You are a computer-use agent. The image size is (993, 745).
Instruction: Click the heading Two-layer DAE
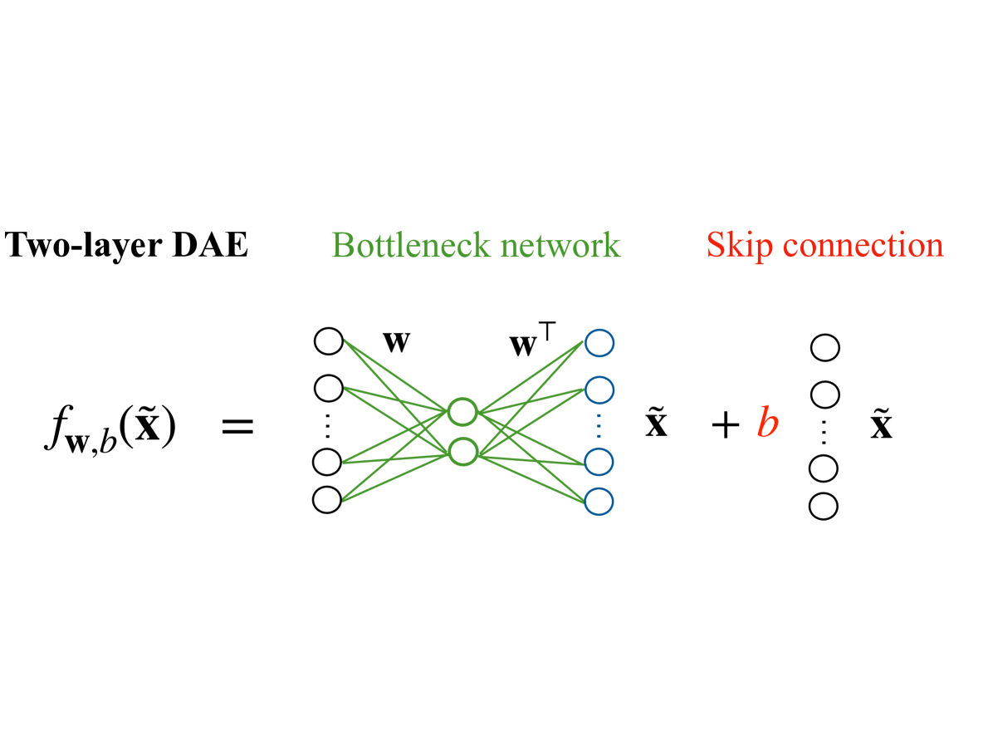pos(126,245)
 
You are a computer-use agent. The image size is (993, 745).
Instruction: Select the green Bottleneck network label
pos(476,245)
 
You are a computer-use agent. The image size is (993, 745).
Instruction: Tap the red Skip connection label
pos(824,245)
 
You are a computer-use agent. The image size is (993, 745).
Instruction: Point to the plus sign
pos(726,426)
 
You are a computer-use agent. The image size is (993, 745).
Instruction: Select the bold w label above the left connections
pos(396,340)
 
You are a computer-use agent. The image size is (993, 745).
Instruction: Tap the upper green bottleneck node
pos(462,411)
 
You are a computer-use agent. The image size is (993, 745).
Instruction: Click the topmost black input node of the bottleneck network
pos(329,341)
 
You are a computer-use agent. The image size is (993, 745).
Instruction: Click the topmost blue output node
pos(599,342)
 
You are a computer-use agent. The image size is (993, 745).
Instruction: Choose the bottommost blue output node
pos(599,501)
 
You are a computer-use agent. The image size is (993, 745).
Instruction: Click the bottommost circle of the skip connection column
pos(824,506)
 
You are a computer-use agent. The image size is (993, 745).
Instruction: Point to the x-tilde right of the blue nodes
pos(656,425)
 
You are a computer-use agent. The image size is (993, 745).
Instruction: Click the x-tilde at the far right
pos(881,425)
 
